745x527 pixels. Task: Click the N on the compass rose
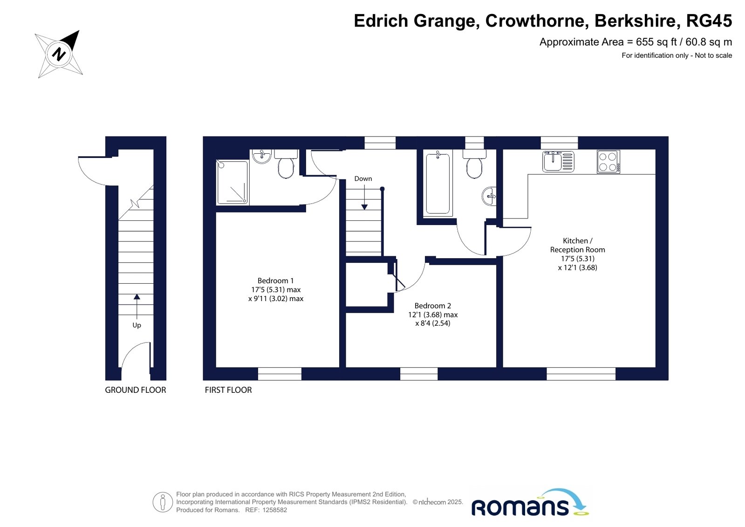tap(59, 54)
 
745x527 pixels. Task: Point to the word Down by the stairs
tap(363, 178)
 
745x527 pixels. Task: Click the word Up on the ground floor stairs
tap(137, 325)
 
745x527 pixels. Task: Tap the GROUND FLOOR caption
tap(136, 390)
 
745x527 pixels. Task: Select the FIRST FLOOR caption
tap(228, 390)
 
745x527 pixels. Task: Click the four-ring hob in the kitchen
tap(608, 162)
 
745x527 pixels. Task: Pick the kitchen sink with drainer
tap(558, 161)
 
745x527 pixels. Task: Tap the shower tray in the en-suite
tap(232, 182)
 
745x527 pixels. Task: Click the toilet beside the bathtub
tap(474, 164)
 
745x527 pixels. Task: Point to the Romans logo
tap(529, 503)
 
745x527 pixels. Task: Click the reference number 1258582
tap(274, 510)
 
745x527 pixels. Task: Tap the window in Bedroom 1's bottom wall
tap(280, 374)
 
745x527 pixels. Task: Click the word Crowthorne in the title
tap(535, 21)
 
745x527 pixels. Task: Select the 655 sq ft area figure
tap(656, 42)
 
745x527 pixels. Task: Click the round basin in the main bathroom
tap(489, 196)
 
